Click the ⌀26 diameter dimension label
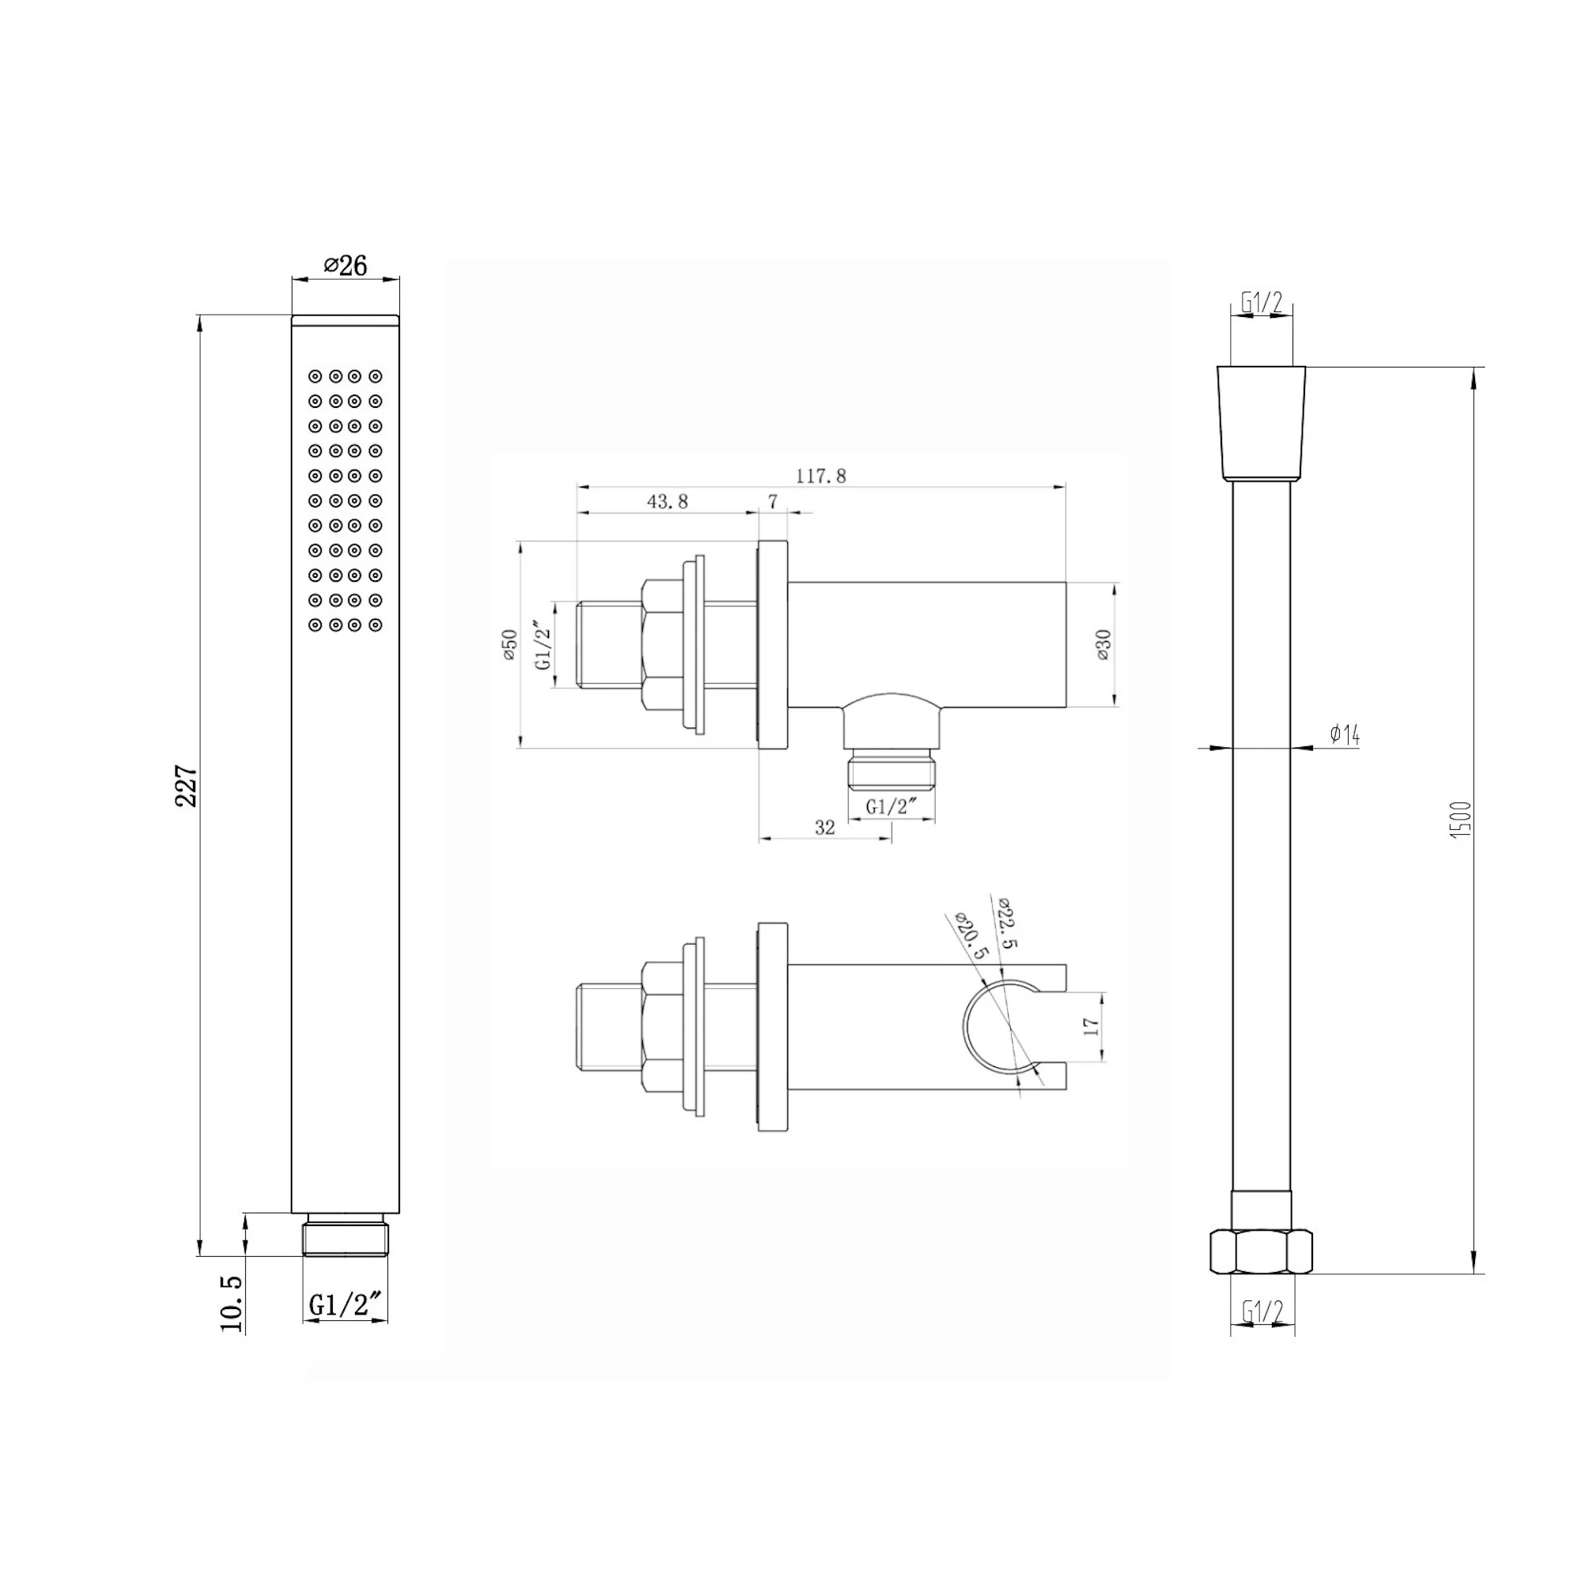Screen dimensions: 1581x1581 [x=345, y=265]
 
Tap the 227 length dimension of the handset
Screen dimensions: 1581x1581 [x=187, y=786]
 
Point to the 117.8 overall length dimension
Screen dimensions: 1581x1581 [x=821, y=475]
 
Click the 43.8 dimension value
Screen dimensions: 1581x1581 [x=668, y=502]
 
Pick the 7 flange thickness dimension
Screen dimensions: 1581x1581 [x=772, y=502]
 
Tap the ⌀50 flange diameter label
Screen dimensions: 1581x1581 [x=510, y=645]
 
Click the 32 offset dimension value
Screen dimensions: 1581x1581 [x=824, y=828]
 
